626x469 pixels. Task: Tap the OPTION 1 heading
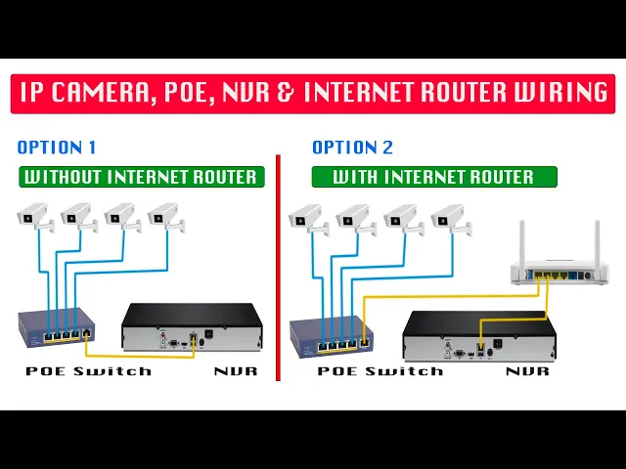57,148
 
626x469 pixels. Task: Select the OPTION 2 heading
352,148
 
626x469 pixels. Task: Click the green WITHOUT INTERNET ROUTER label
141,177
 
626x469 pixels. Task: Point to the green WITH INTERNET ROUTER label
433,177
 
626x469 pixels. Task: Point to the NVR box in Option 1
192,327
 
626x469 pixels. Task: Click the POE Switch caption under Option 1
88,371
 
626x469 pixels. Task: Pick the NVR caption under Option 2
527,371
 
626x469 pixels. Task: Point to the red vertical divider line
278,264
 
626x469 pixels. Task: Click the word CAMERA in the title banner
120,93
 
